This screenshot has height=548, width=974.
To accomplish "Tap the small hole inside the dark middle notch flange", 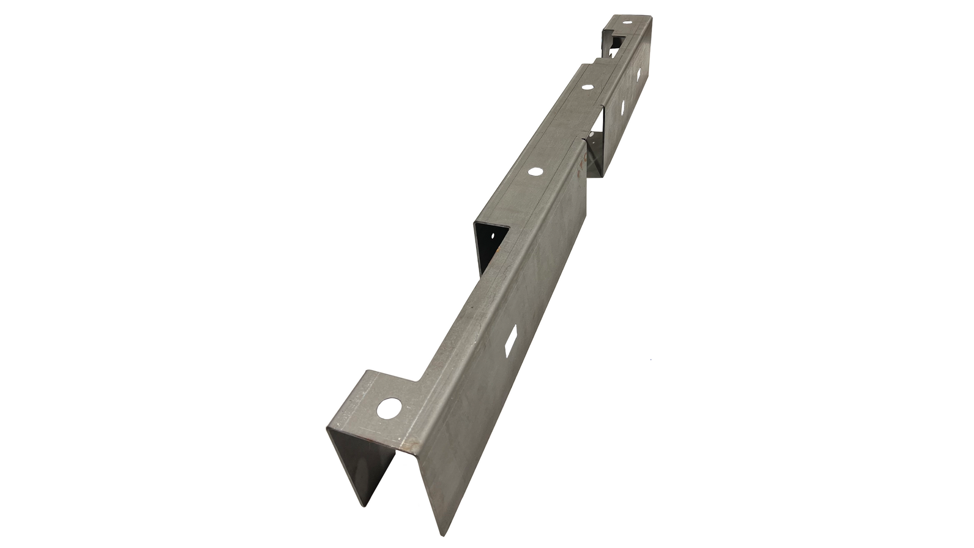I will pos(493,235).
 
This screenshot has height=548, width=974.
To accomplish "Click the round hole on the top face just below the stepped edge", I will pos(586,88).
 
